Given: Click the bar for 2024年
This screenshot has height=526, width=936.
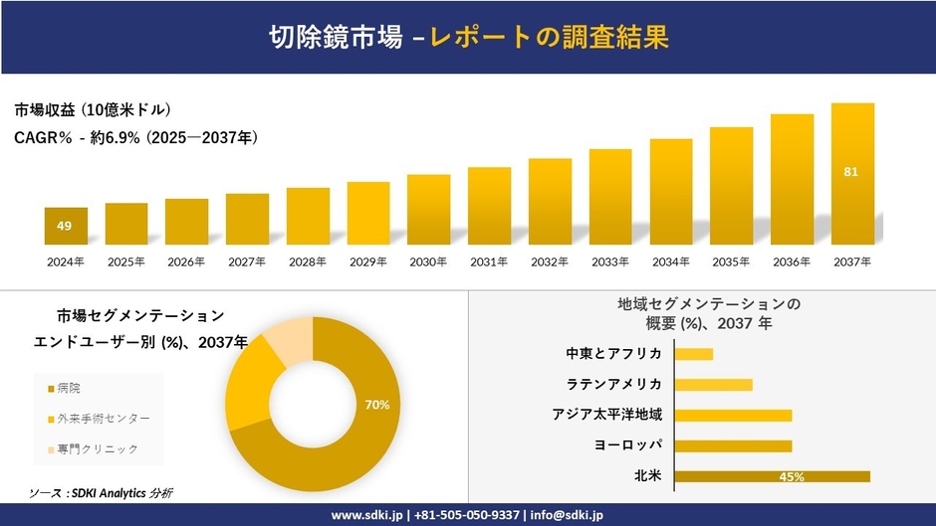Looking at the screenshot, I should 66,227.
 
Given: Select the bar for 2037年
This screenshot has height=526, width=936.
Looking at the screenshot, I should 852,174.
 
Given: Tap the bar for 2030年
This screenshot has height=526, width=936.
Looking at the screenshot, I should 428,210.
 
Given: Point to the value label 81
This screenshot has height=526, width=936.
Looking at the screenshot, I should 850,172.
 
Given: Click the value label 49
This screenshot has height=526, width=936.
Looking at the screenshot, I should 64,227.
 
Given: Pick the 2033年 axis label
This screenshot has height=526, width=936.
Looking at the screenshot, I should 609,262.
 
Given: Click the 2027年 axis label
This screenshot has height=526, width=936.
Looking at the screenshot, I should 247,262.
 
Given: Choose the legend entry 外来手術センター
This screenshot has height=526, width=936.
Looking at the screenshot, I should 97,418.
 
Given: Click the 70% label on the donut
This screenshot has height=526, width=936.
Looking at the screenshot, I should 376,405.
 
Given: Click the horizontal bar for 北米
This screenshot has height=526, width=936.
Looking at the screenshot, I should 772,476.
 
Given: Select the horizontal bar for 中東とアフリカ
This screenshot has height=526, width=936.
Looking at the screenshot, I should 694,354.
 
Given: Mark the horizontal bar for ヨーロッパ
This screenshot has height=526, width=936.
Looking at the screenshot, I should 733,445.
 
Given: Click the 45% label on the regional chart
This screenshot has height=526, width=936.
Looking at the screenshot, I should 792,477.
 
